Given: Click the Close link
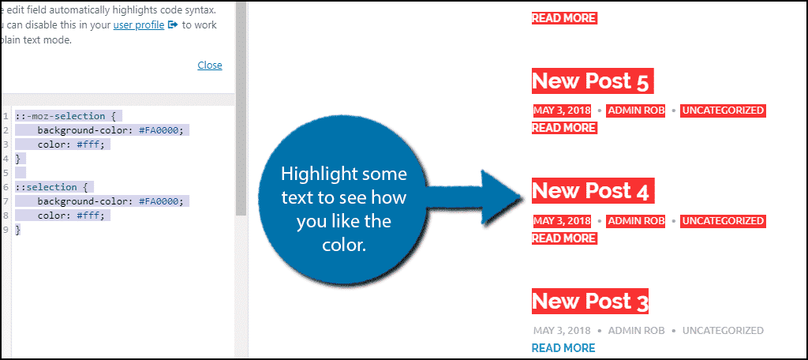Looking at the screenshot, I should (209, 65).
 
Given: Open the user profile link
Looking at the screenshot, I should (139, 24).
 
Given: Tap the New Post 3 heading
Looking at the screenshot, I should (590, 301).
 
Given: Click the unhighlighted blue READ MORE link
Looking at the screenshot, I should (563, 347).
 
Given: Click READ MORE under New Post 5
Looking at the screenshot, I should (563, 127).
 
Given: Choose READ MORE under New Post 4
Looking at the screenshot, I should (563, 238).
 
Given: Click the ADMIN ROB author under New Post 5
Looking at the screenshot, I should (636, 111).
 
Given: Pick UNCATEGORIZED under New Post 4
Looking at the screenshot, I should (723, 221).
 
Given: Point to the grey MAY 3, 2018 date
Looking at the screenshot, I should (562, 331).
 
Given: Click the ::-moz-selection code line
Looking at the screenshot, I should (66, 116).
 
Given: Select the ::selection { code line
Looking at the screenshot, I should (53, 187).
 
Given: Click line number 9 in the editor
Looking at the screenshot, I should (6, 230).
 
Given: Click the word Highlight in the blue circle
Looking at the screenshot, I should (320, 173).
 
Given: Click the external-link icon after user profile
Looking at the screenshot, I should (172, 24).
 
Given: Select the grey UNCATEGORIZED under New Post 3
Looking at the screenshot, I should (723, 331).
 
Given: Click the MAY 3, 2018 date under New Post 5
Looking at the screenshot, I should (562, 111).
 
